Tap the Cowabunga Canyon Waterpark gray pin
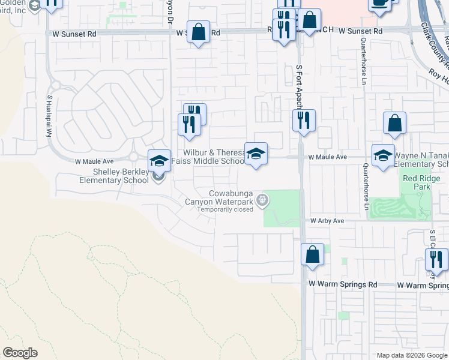(261, 200)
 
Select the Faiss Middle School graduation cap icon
(256, 154)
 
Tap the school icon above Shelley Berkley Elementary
(159, 160)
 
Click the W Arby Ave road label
(327, 221)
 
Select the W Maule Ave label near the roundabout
(94, 161)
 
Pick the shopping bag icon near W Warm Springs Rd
(312, 254)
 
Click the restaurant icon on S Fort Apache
(304, 120)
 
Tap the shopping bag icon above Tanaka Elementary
(395, 123)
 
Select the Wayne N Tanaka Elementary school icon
(383, 155)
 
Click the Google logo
(20, 353)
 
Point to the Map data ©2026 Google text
(411, 355)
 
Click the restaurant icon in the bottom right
(436, 259)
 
